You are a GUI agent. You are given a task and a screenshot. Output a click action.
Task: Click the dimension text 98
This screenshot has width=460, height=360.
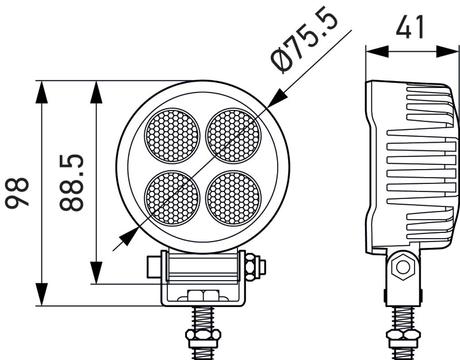tap(17, 193)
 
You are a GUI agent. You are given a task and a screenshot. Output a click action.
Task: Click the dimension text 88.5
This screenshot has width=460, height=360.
tap(72, 182)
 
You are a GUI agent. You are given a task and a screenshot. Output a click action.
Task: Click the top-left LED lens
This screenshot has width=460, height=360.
tap(172, 136)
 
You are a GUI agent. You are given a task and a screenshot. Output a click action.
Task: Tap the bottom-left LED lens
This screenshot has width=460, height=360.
tap(172, 198)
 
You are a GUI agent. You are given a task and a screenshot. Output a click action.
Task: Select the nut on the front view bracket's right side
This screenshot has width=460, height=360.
tap(254, 266)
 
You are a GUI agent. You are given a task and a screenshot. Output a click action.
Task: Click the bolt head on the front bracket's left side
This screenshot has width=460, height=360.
tap(153, 266)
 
